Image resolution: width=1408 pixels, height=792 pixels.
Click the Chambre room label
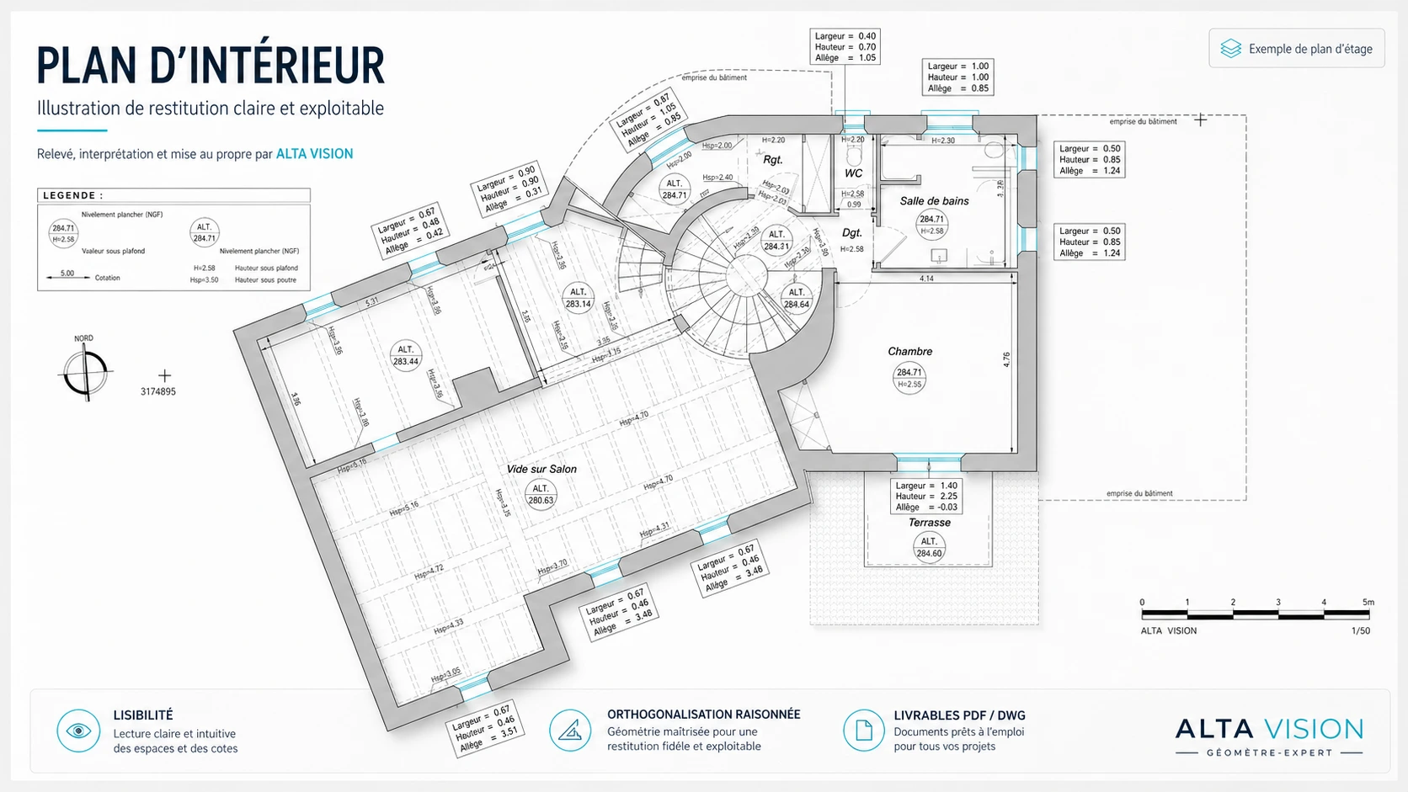(909, 351)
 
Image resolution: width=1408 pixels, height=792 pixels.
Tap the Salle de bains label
(934, 201)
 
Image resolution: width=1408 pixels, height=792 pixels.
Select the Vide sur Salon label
(541, 469)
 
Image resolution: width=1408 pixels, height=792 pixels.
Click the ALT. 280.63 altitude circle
(541, 494)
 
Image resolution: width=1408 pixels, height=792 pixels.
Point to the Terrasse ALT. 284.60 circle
(929, 548)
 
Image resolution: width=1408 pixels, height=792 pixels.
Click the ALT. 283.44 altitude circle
(406, 356)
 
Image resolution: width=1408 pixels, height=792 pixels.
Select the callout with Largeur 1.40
(926, 497)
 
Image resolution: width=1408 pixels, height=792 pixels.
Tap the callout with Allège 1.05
(845, 47)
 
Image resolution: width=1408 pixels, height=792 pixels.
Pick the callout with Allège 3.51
(484, 728)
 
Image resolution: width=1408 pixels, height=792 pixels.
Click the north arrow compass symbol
(85, 371)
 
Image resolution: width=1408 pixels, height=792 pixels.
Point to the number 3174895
(158, 392)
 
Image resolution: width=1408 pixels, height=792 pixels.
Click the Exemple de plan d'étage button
(1297, 49)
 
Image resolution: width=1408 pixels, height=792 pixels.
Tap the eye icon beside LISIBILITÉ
(78, 731)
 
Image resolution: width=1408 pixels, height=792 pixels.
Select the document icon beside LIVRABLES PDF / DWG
(863, 730)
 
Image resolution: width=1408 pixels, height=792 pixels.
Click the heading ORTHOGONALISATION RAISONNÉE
(703, 715)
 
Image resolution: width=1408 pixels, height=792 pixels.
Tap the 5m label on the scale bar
(1368, 603)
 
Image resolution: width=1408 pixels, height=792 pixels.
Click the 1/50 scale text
(1360, 631)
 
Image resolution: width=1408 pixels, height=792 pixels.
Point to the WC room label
(853, 173)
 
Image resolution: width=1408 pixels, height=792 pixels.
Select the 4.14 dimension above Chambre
(926, 279)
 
